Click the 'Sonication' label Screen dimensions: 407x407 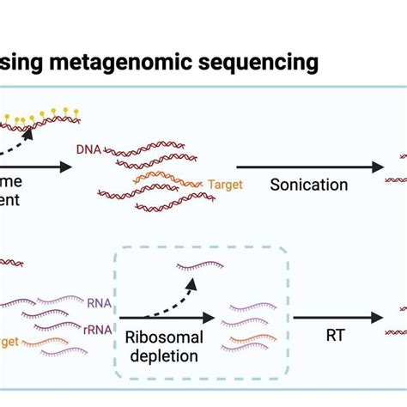coord(309,185)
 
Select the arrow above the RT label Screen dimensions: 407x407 coord(337,317)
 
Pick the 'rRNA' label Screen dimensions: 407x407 coord(101,317)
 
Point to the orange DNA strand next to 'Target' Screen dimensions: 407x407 coord(172,180)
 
